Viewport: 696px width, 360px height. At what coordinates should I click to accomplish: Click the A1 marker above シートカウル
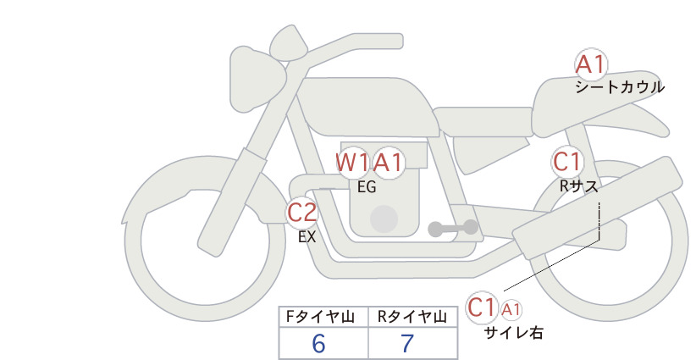click(x=591, y=65)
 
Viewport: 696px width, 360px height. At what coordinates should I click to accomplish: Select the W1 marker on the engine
click(x=352, y=163)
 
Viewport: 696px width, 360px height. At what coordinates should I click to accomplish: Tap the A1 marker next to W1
click(x=388, y=163)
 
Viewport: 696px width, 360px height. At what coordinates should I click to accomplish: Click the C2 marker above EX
click(x=301, y=213)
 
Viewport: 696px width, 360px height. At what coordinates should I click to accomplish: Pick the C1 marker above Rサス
click(x=567, y=162)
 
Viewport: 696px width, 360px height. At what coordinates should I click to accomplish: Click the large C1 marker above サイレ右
click(x=482, y=307)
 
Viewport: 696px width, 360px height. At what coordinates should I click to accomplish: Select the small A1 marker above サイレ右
click(x=511, y=310)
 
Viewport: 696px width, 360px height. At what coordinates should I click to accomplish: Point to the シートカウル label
click(x=620, y=87)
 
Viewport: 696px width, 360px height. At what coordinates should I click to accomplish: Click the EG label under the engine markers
click(x=367, y=187)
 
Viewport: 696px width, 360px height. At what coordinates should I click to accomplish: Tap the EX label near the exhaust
click(x=307, y=237)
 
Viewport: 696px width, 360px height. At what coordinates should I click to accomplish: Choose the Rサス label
click(x=578, y=186)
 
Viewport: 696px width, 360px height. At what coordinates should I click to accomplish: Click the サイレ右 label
click(x=514, y=333)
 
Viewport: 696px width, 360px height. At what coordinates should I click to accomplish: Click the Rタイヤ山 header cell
click(x=413, y=317)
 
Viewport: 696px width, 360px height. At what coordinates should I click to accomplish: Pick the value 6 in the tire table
click(x=318, y=343)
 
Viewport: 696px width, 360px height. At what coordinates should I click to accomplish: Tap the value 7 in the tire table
click(x=407, y=343)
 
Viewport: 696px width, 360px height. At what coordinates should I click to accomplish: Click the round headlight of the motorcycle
click(x=257, y=80)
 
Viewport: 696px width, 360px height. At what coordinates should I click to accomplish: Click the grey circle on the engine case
click(x=384, y=219)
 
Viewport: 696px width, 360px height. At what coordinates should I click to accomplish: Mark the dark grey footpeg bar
click(x=453, y=228)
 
